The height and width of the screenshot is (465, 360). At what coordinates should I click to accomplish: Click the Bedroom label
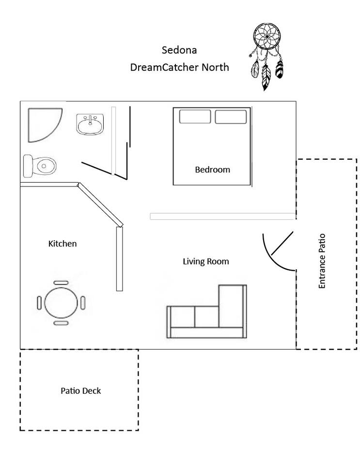[212, 170]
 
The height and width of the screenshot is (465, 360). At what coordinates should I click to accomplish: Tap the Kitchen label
[63, 243]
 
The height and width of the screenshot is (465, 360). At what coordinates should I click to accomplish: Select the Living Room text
[205, 262]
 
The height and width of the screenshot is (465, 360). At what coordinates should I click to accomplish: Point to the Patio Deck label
[80, 390]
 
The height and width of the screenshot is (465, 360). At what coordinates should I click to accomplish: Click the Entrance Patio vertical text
[322, 261]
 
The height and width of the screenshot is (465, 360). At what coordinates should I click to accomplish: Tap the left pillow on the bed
[195, 117]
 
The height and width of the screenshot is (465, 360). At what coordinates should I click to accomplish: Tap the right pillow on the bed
[231, 117]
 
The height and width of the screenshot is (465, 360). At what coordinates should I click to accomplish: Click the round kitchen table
[61, 302]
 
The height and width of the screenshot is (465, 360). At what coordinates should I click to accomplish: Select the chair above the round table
[61, 282]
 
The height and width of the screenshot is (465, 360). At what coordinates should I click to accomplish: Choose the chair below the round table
[61, 323]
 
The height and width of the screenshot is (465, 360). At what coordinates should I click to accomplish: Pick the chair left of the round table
[40, 302]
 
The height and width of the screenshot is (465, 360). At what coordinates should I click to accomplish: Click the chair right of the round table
[83, 302]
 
